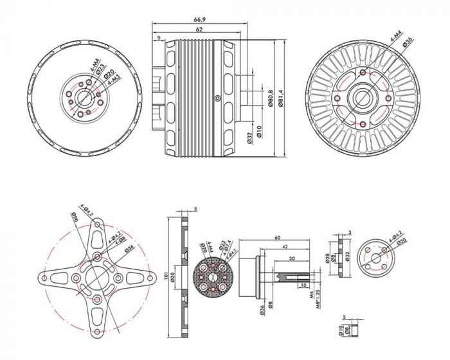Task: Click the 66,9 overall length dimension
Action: coord(199,20)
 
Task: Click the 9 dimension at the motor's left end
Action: coord(158,38)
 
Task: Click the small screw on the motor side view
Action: coord(219,98)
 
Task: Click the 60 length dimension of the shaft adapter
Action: coord(278,237)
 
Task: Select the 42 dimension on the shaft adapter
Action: coord(283,246)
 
